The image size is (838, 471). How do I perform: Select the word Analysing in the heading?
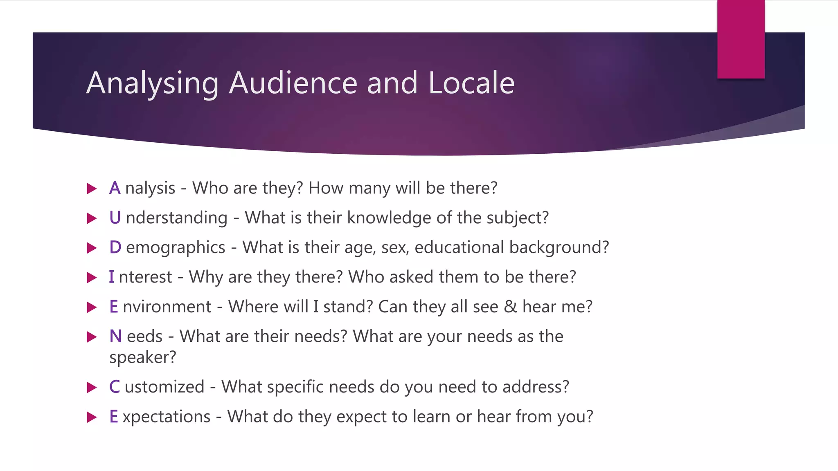point(152,83)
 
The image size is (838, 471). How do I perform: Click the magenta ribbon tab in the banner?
point(741,39)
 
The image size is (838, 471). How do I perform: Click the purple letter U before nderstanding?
point(115,218)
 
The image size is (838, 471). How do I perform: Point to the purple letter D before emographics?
point(115,247)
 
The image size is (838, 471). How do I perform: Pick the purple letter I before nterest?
point(111,277)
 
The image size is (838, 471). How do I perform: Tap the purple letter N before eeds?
point(115,336)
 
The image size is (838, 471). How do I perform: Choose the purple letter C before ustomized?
point(115,387)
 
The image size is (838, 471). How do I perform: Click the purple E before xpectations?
point(114,417)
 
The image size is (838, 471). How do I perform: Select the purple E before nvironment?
point(114,307)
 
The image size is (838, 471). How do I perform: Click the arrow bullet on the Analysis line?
point(92,188)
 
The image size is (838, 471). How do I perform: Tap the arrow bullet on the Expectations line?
point(92,417)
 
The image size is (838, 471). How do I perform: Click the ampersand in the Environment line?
point(510,307)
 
